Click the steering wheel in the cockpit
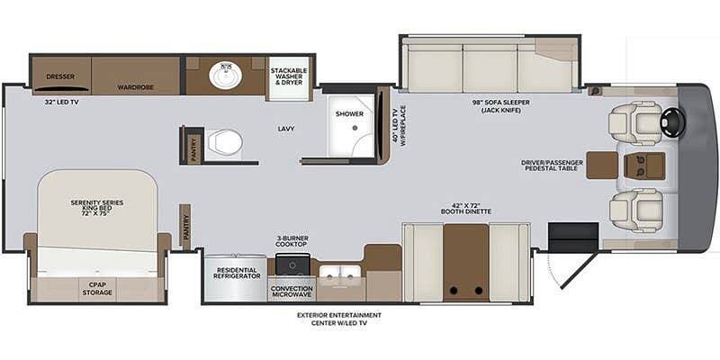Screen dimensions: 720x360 [672, 122]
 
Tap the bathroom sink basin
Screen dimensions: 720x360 [226, 76]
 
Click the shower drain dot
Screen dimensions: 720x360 [355, 128]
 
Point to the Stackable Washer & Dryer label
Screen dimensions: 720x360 [289, 76]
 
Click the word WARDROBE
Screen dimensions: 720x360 [136, 86]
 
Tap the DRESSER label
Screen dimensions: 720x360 [60, 76]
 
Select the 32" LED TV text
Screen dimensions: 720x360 [61, 103]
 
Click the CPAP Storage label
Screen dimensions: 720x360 [97, 289]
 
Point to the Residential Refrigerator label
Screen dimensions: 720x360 [237, 273]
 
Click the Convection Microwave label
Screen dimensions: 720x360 [292, 291]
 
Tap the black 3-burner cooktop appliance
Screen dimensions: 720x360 [292, 265]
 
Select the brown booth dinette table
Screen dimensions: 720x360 [465, 262]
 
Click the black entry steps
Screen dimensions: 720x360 [573, 238]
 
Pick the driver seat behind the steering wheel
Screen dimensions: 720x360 [635, 123]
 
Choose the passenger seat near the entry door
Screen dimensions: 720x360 [636, 211]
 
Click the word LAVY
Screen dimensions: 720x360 [285, 129]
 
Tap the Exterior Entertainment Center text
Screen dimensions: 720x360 [339, 319]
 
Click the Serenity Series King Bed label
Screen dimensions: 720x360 [97, 208]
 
